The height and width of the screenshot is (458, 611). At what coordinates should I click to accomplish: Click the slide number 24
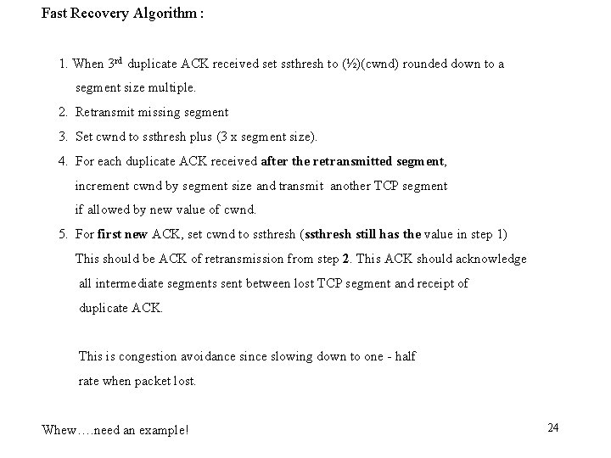553,427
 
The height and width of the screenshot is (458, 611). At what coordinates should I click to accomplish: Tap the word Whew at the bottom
59,430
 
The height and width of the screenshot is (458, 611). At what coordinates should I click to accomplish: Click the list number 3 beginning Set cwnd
64,136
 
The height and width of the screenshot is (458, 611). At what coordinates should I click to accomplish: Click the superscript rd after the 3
121,60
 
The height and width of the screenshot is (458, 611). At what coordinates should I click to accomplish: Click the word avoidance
216,356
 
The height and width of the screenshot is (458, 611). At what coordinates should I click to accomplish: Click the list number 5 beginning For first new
64,234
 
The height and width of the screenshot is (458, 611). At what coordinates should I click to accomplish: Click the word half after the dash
405,356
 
